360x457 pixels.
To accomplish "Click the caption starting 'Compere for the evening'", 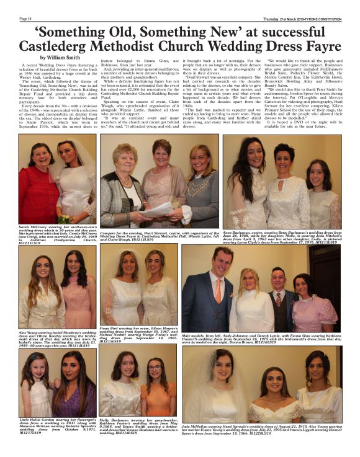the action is (x=159, y=233).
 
